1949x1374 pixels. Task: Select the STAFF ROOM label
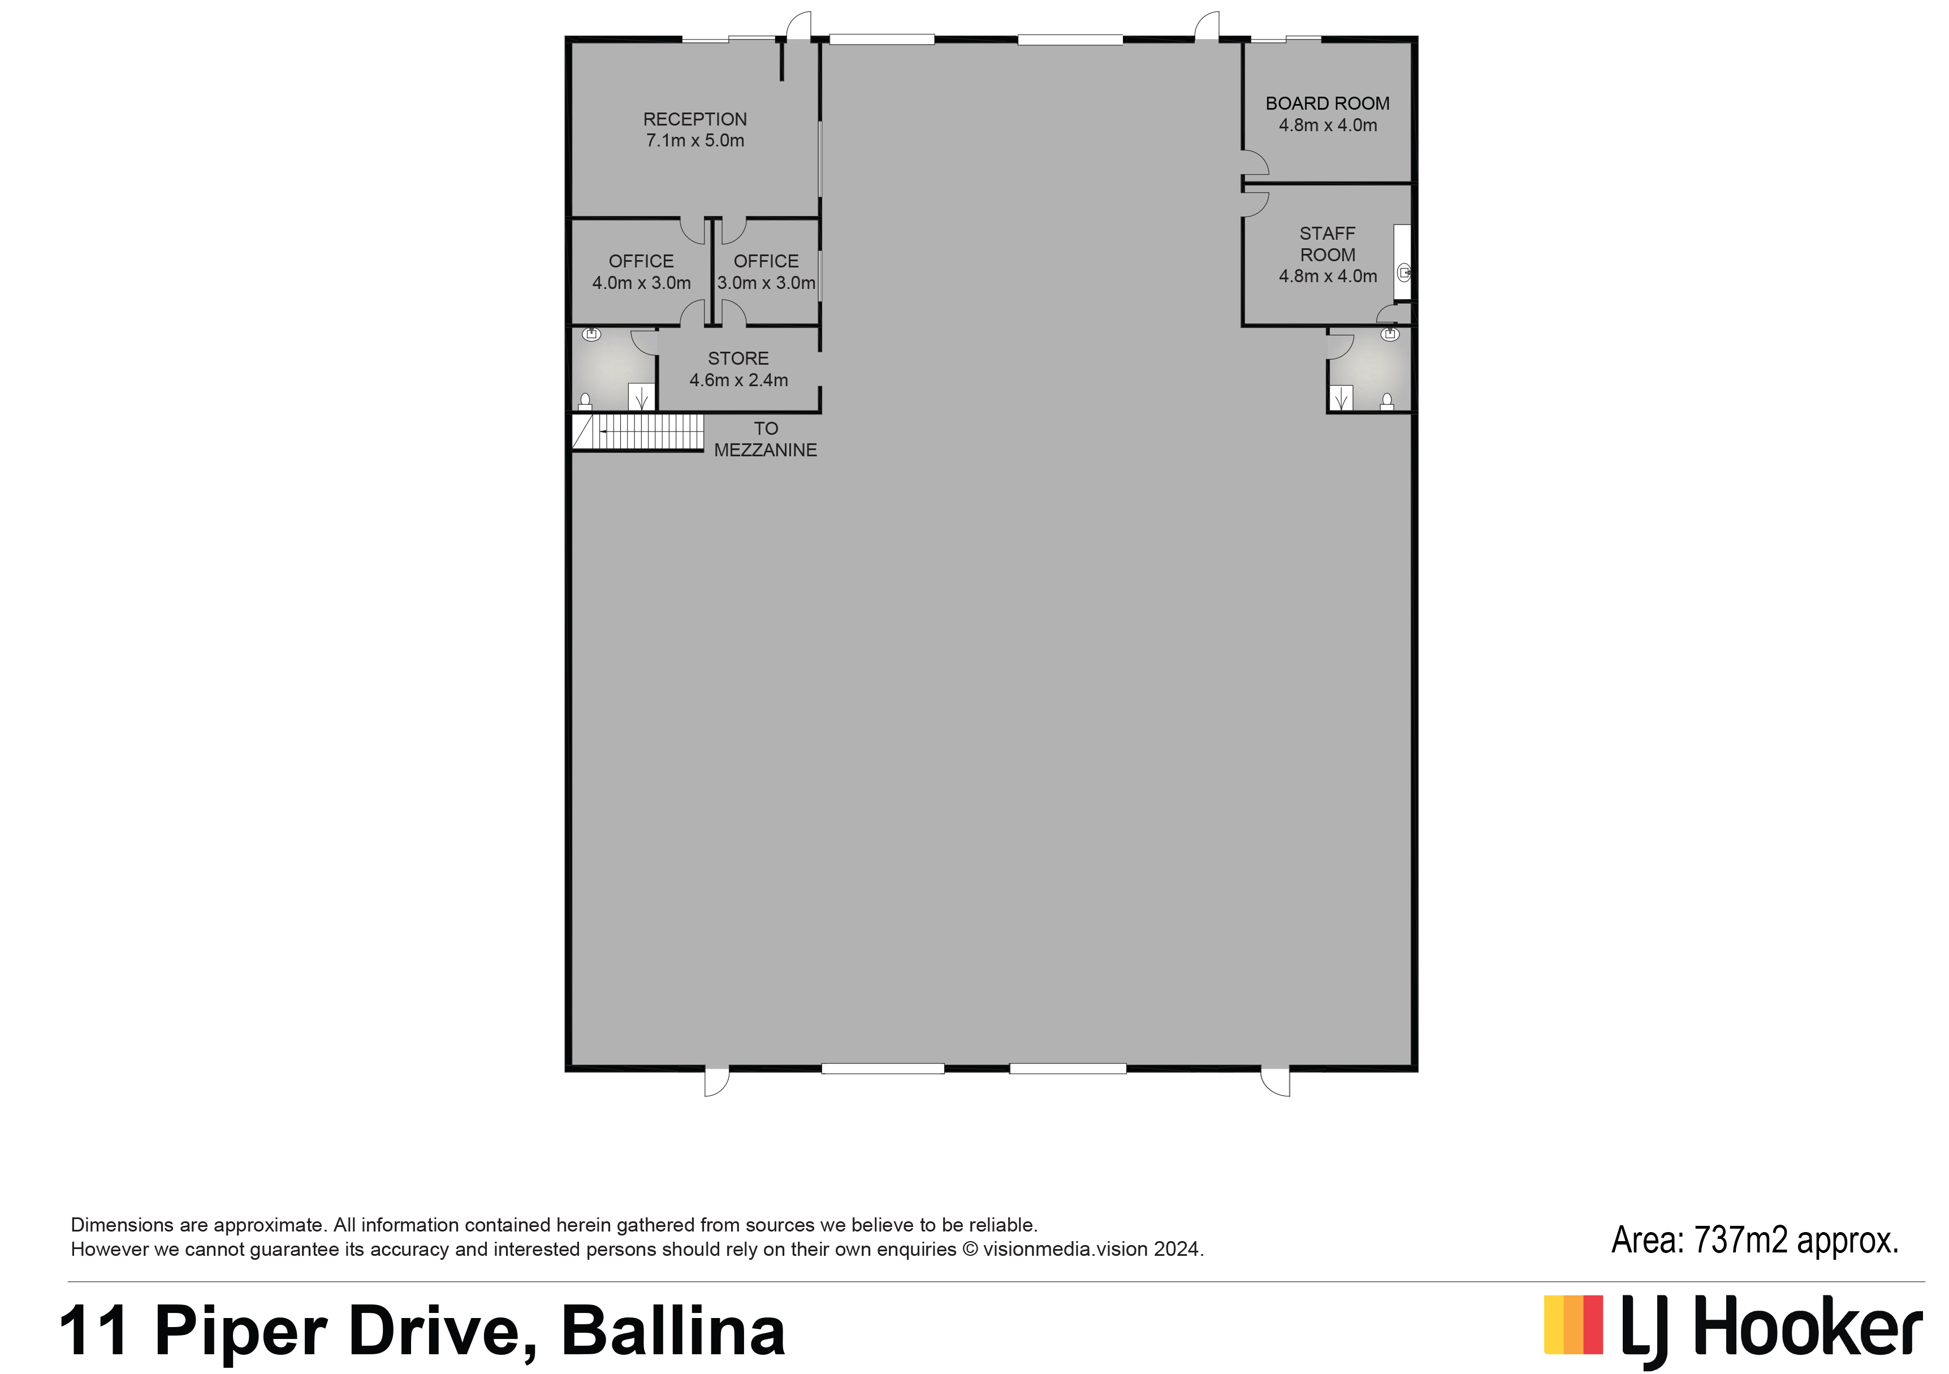[1328, 244]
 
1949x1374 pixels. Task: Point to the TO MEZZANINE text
[765, 439]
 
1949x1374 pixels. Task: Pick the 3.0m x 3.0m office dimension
[766, 283]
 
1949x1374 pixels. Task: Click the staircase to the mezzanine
[638, 432]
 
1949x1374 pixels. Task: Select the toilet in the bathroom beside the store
[585, 401]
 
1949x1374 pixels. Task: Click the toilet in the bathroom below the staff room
[1387, 401]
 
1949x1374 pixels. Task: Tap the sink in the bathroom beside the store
[591, 334]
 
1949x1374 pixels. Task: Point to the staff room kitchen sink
[1404, 273]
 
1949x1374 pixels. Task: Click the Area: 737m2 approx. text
[1754, 1241]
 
